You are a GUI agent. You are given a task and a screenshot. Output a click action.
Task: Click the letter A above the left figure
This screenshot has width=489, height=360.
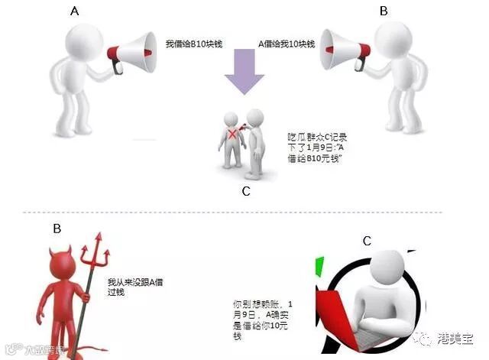click(74, 12)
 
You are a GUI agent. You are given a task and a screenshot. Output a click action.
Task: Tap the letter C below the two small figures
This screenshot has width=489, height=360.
click(245, 191)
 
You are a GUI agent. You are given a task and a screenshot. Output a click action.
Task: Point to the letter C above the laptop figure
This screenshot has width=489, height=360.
click(367, 241)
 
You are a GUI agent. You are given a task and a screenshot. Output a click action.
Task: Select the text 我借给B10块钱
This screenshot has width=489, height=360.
click(193, 44)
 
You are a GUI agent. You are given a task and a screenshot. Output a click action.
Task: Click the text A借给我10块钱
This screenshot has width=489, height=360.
click(288, 44)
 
